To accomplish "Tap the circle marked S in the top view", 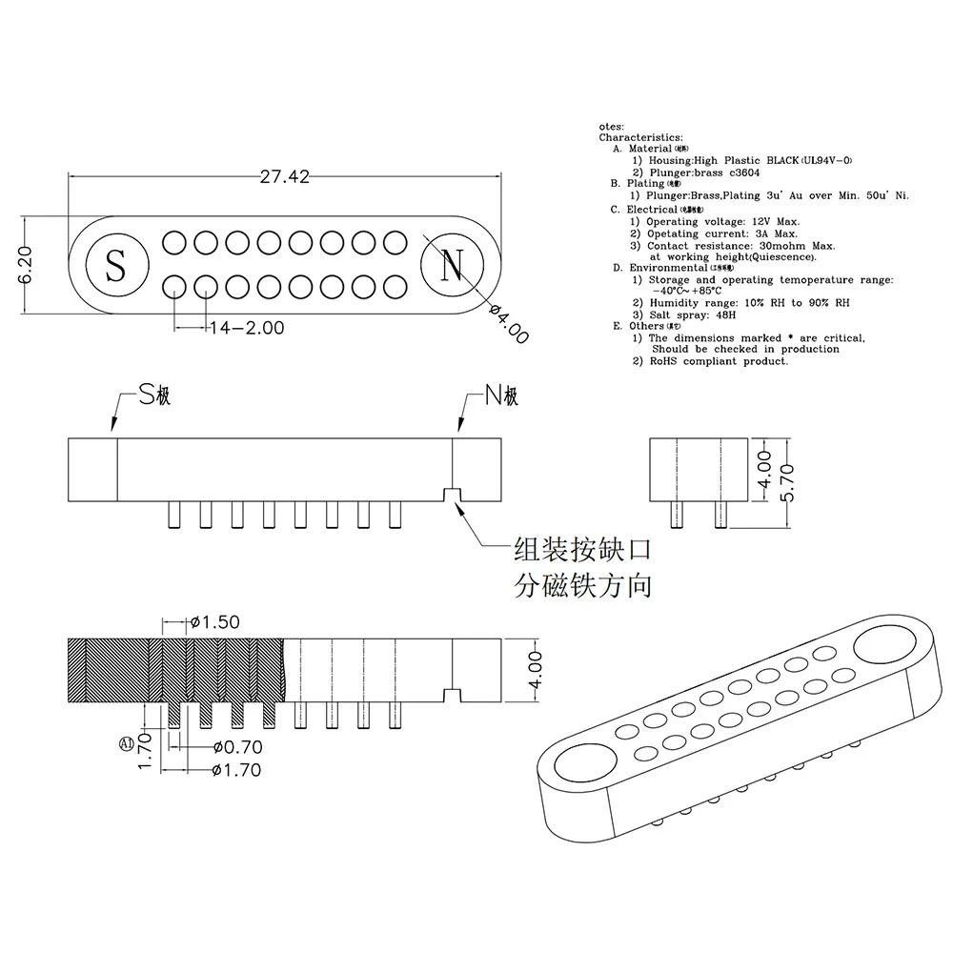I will pos(115,264).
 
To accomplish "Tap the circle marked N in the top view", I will pos(452,264).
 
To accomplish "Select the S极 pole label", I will pos(154,395).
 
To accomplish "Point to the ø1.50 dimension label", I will pos(214,622).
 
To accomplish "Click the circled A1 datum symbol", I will pos(125,743).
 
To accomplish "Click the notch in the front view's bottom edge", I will pos(453,495).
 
